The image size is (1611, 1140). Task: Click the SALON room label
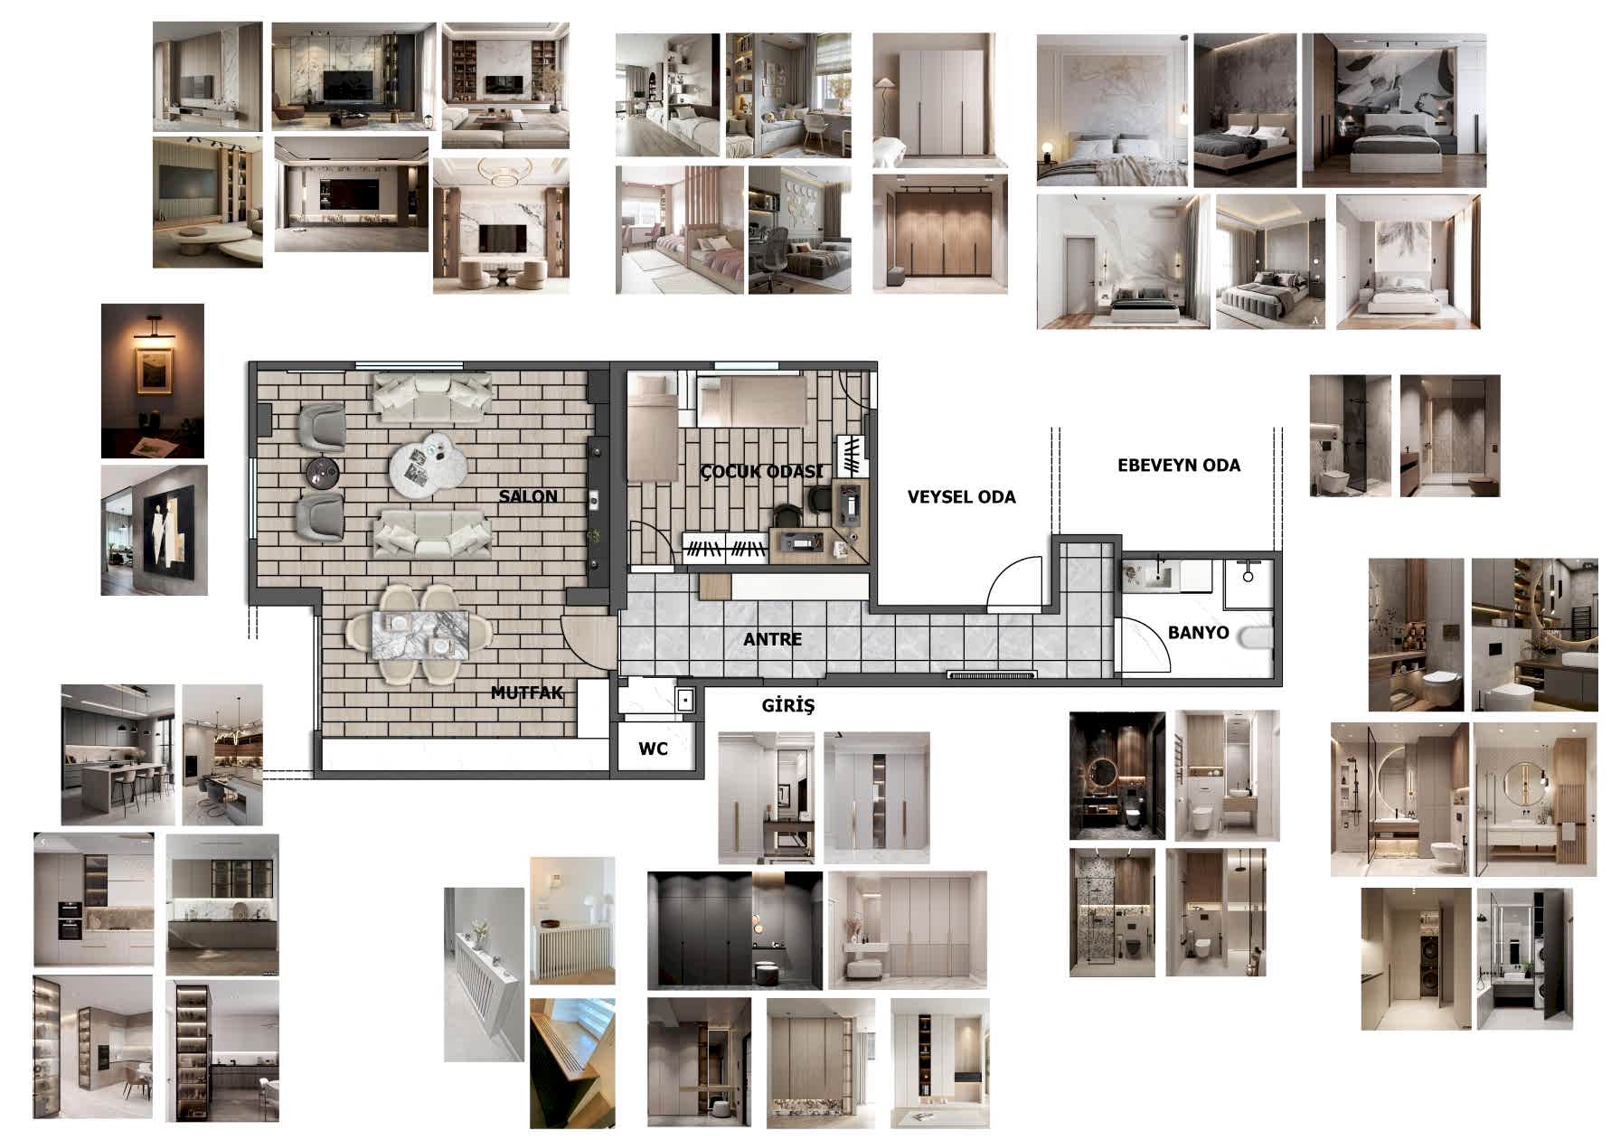coord(528,496)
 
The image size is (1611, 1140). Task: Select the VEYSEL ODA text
coord(961,496)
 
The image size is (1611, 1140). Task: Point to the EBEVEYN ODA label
coord(1179,466)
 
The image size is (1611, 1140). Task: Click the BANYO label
coord(1198,632)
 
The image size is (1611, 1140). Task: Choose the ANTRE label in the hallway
coord(772,639)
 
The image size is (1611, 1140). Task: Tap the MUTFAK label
coord(526,693)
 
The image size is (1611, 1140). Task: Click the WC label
coord(653,749)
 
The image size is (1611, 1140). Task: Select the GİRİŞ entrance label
coord(787,705)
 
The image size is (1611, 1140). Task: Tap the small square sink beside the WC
coord(684,699)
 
